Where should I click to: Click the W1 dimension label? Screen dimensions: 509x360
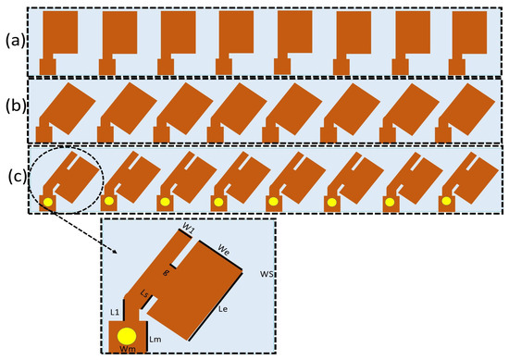(x=188, y=229)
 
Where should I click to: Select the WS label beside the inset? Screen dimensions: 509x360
(x=267, y=275)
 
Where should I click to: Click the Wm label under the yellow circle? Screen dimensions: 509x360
(x=127, y=349)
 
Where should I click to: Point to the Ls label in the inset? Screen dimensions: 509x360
(x=143, y=292)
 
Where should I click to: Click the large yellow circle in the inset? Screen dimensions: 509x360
(x=128, y=334)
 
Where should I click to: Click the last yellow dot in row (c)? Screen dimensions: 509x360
(x=447, y=201)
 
